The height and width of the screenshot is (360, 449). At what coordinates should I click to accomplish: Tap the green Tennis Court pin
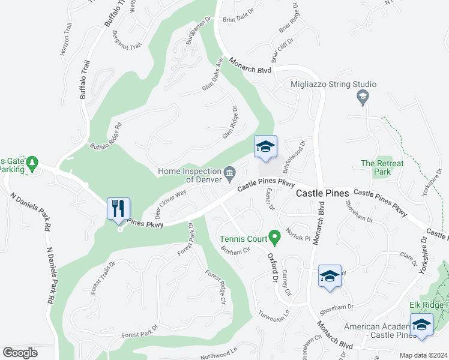point(275,239)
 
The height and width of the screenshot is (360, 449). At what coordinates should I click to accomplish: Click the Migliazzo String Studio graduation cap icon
point(363,96)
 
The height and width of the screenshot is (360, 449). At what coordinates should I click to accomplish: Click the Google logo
point(20,353)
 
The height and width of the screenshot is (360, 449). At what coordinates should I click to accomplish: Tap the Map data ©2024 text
point(423,355)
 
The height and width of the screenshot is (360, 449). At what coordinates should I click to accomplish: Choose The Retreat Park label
point(382,167)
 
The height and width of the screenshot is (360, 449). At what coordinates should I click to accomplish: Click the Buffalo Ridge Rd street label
point(106,137)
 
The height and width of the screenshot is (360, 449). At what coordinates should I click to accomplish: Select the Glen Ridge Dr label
point(231,123)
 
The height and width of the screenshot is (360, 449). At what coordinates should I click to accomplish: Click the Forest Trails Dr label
point(102,278)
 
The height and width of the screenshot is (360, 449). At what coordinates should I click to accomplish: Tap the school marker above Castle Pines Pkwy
point(265,148)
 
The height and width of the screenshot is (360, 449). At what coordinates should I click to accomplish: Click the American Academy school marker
point(421,325)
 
